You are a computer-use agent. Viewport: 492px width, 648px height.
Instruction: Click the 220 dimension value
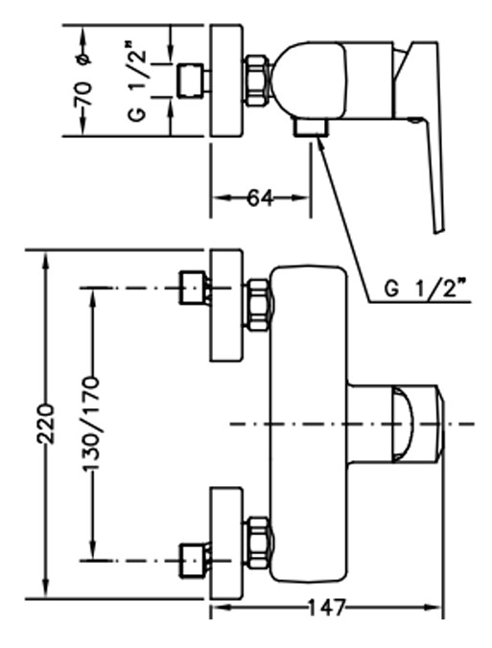[46, 424]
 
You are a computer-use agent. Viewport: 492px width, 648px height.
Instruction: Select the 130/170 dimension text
[91, 424]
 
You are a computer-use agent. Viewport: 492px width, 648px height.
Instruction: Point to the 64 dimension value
[261, 198]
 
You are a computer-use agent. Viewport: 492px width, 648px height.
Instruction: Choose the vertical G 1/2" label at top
[138, 81]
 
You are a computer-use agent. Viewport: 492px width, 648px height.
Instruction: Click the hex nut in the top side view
[259, 81]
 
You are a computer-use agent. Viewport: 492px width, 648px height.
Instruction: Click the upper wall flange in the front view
[225, 305]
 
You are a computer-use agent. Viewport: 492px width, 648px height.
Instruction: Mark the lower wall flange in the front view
[225, 543]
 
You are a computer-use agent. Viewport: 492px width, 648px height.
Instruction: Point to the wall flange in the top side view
[225, 81]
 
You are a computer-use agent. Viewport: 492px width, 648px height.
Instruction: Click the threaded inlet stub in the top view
[192, 81]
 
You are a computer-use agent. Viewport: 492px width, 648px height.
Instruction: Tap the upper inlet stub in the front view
[193, 288]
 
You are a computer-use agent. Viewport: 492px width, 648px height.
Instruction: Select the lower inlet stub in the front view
[193, 561]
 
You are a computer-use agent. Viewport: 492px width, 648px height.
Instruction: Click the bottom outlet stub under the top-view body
[311, 127]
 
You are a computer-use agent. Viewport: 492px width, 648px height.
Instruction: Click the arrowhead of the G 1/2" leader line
[320, 141]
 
